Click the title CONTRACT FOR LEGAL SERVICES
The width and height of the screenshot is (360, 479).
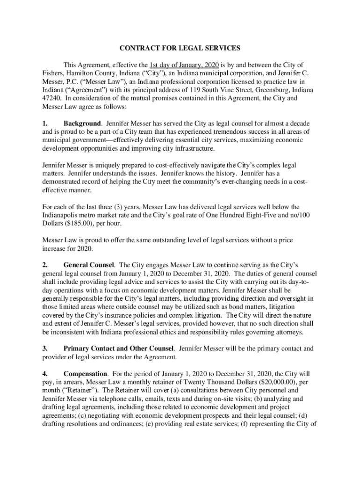pyautogui.click(x=180, y=48)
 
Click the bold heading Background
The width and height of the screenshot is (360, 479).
pyautogui.click(x=82, y=123)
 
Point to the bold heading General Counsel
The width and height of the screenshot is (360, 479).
pyautogui.click(x=89, y=265)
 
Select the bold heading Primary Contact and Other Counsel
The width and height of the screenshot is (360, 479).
pyautogui.click(x=119, y=348)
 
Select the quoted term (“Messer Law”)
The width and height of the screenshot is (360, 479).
pyautogui.click(x=82, y=81)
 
